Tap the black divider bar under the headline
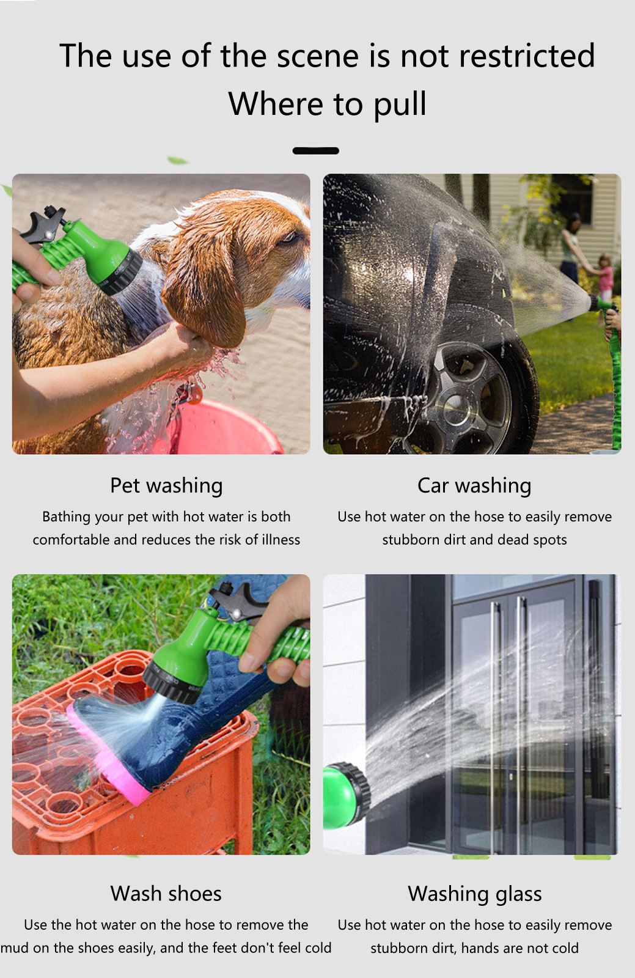click(x=315, y=150)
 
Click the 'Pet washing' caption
click(x=166, y=486)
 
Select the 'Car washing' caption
click(x=474, y=486)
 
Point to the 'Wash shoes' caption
click(x=166, y=893)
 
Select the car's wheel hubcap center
click(x=456, y=407)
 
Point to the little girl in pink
click(x=605, y=279)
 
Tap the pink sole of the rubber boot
click(x=107, y=756)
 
